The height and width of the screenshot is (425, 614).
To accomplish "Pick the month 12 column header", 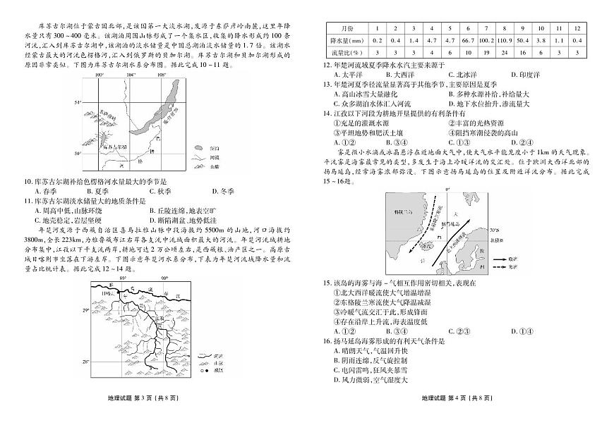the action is [x=577, y=27].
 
